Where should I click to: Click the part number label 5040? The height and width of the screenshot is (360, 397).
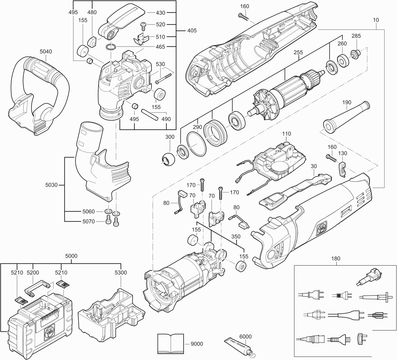pos(45,52)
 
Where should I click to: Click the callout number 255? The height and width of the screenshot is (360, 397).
pos(298,52)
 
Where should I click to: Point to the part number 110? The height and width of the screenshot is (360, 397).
pos(286,134)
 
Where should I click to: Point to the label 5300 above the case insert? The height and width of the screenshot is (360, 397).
pos(121,273)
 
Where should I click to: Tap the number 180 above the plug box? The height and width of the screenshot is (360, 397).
pos(335,259)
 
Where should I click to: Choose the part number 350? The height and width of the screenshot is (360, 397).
pos(236,236)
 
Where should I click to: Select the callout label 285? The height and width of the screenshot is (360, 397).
pos(356,36)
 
